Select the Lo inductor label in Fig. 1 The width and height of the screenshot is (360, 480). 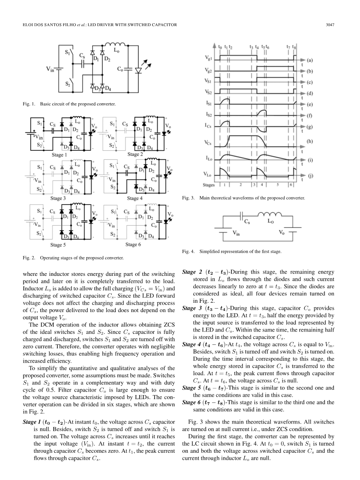[116, 50]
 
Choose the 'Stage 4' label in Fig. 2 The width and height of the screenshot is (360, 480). [135, 198]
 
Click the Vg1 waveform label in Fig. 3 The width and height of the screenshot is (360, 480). [209, 58]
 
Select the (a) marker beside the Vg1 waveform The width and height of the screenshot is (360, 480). [310, 60]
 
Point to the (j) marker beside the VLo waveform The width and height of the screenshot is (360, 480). [310, 176]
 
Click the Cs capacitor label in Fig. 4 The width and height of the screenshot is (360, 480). [247, 222]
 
